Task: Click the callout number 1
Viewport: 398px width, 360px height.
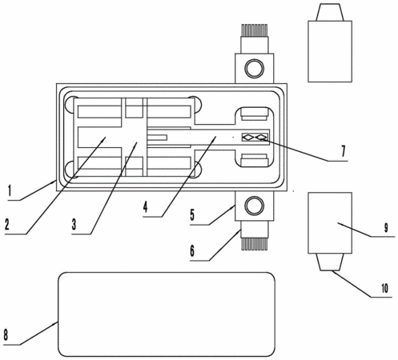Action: click(10, 191)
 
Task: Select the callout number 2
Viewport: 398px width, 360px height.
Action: click(7, 224)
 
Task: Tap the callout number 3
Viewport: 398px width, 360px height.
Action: click(74, 225)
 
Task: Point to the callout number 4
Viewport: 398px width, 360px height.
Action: click(145, 206)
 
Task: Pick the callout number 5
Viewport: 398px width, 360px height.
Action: click(192, 215)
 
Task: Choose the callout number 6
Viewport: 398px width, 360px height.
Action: click(192, 251)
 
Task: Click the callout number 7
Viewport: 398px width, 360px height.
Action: click(344, 151)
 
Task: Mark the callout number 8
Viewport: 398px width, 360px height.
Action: click(6, 334)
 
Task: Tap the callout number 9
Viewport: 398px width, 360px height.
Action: click(386, 228)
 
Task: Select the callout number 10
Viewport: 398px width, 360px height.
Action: click(384, 289)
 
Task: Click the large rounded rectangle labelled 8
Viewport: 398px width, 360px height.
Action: click(167, 314)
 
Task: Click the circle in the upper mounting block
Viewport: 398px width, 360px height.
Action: click(255, 69)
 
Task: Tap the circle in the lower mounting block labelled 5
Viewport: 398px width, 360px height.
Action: click(255, 206)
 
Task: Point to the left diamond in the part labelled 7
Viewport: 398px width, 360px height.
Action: click(247, 138)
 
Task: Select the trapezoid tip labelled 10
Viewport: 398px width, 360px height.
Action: click(330, 262)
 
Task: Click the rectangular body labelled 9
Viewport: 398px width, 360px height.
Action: click(330, 222)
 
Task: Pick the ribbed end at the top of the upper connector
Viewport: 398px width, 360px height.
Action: click(255, 30)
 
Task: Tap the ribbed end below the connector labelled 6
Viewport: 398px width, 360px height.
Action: click(255, 244)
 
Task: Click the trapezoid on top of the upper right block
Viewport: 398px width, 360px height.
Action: click(330, 12)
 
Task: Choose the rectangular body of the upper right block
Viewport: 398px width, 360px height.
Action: click(330, 51)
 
